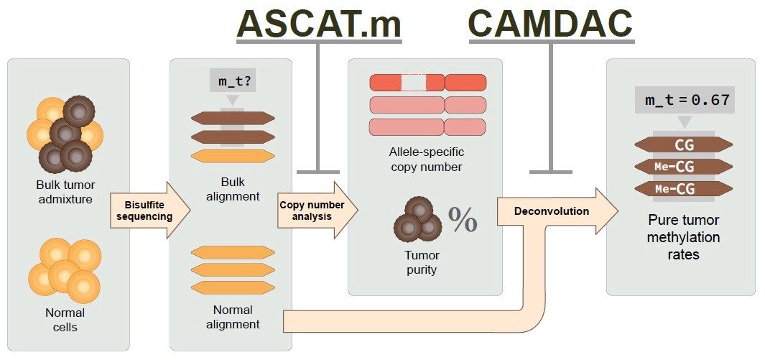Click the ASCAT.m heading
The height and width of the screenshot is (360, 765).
point(319,24)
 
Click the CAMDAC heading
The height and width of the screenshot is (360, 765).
point(551,24)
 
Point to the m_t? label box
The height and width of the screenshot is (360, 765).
point(232,80)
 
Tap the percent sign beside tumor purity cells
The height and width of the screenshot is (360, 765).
point(463,220)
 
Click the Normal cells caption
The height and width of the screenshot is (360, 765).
point(65,320)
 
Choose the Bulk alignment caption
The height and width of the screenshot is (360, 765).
point(232,188)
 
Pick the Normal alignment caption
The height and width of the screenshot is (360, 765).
point(232,317)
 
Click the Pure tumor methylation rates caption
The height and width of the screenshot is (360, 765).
point(684,237)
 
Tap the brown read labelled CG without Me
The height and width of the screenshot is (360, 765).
point(683,144)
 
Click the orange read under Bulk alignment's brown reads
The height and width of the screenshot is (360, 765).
point(233,155)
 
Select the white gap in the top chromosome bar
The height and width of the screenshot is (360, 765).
point(413,83)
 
